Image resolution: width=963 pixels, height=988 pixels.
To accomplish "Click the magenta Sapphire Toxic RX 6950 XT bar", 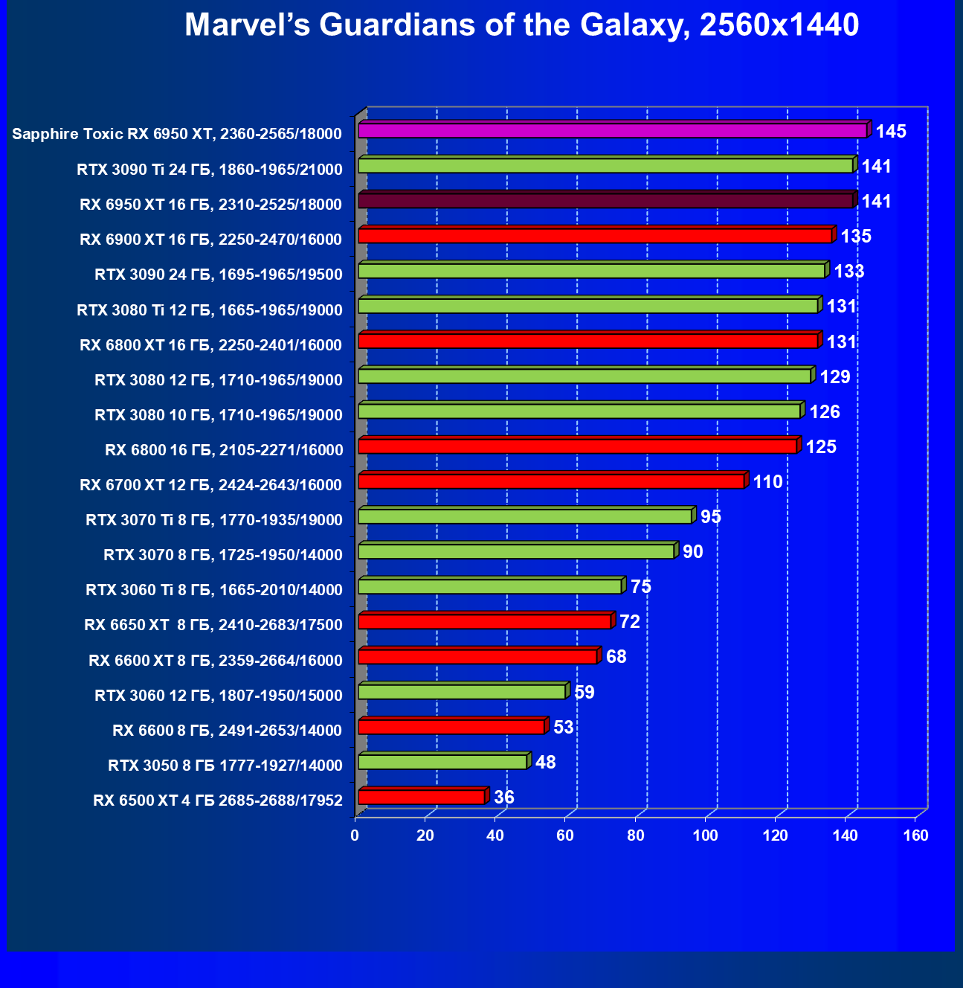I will click(x=612, y=131).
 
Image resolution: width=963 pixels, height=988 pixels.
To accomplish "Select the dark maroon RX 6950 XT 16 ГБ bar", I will click(x=605, y=201).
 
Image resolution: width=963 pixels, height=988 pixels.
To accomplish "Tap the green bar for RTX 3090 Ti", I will click(x=605, y=166).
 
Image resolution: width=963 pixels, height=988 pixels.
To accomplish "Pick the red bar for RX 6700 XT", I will click(x=551, y=481).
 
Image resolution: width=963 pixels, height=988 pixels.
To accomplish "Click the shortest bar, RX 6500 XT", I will click(x=422, y=797).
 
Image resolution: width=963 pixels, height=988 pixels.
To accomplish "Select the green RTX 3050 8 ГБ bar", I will click(x=442, y=762).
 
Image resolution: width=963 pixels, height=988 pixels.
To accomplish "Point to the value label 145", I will click(x=891, y=132).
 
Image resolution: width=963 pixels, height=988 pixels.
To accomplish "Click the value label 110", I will click(x=767, y=482).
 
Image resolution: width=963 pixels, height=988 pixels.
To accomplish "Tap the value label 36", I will click(x=503, y=798).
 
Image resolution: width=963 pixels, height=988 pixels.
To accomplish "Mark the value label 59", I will click(x=584, y=693).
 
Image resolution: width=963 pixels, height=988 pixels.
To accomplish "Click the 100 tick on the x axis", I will click(x=705, y=835).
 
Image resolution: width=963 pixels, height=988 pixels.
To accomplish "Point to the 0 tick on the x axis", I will click(x=355, y=835).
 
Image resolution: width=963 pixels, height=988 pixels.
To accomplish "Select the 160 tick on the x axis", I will click(x=915, y=835).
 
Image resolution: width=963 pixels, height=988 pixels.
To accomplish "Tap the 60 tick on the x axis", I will click(x=565, y=835).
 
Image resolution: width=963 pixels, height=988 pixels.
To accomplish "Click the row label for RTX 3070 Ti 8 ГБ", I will click(x=214, y=520).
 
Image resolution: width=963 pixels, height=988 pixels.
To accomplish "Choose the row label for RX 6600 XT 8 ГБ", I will click(x=216, y=661).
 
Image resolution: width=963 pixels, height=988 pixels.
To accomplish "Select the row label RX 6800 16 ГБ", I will click(x=224, y=450).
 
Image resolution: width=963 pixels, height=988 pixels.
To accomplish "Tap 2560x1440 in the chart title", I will click(x=779, y=25).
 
